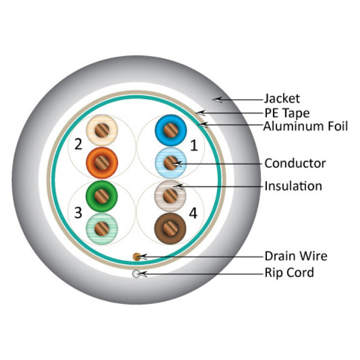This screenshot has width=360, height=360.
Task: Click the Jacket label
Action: [x=281, y=99]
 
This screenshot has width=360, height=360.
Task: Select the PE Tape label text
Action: [x=286, y=114]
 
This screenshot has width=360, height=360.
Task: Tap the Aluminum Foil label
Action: [x=306, y=127]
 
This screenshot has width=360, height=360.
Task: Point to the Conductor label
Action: [x=295, y=163]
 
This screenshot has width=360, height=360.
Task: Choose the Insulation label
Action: [x=293, y=186]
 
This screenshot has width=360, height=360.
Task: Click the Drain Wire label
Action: [x=295, y=256]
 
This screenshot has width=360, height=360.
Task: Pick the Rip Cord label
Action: [x=289, y=272]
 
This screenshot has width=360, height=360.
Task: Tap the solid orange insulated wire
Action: [x=102, y=162]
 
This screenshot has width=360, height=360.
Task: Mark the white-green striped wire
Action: [x=102, y=227]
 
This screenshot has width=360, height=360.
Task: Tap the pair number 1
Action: [x=193, y=146]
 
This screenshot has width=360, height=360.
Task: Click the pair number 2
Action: [x=78, y=145]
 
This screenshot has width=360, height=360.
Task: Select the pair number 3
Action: [x=78, y=212]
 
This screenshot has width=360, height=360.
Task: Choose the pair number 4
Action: [x=193, y=213]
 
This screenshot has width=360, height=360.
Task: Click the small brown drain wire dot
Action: [x=137, y=256]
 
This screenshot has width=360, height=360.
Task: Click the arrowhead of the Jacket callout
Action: [x=218, y=100]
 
